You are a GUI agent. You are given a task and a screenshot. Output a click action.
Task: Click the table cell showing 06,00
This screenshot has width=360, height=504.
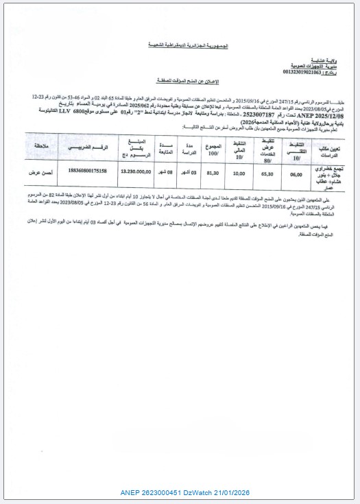coord(296,174)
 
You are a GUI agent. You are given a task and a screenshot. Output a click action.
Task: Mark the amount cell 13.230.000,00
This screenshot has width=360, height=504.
coord(130,174)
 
